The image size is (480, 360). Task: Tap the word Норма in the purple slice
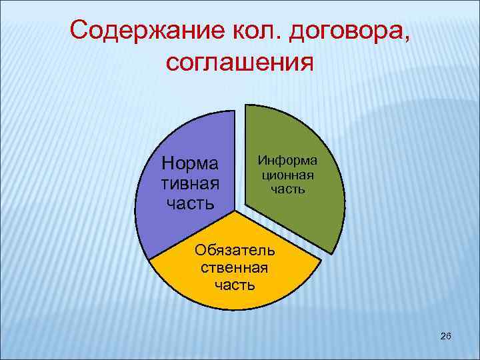[191, 162]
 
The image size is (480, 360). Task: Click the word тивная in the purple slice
[191, 182]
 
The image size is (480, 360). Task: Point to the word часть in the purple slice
[191, 202]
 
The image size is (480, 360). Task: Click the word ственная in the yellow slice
[234, 268]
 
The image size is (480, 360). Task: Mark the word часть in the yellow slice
[234, 285]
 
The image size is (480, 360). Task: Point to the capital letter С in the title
[80, 30]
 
